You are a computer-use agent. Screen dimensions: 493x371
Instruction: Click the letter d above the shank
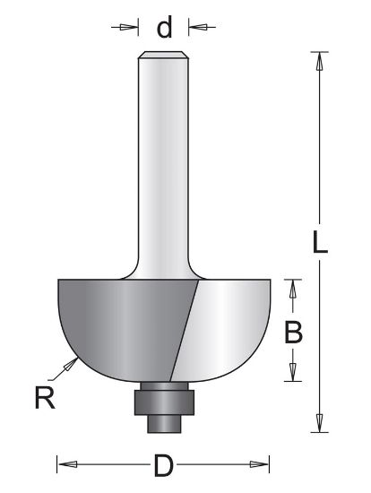[x=164, y=28]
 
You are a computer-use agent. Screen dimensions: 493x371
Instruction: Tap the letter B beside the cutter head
[x=292, y=333]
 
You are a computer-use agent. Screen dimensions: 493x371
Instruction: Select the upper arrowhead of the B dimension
[x=292, y=287]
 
